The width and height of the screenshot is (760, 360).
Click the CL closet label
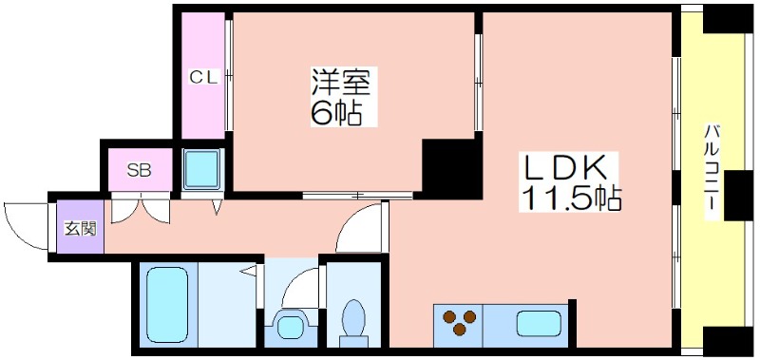tap(204, 77)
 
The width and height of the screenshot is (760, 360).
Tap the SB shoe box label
tap(139, 170)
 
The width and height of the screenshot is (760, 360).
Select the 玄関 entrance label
tap(81, 228)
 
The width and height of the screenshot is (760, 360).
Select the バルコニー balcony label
tap(712, 173)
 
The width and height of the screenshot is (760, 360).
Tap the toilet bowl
tap(353, 323)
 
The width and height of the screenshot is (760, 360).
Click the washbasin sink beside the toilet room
tap(290, 327)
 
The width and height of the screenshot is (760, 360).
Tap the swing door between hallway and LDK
tap(362, 227)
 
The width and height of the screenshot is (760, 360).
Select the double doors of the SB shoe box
tap(141, 208)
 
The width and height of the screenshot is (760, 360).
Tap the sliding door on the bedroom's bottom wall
tap(358, 196)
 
